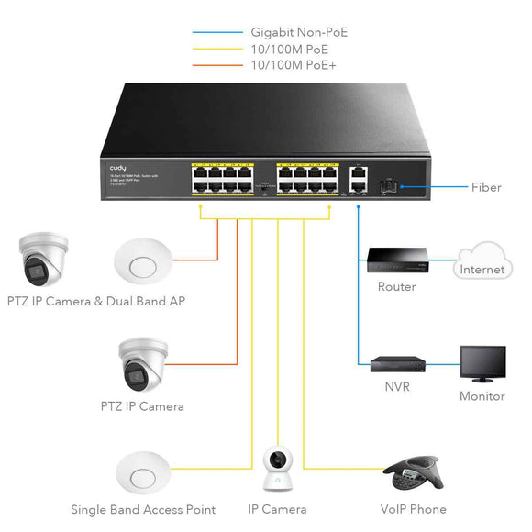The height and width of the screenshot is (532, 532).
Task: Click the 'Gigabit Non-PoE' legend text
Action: pyautogui.click(x=299, y=33)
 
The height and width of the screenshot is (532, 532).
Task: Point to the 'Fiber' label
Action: pyautogui.click(x=486, y=187)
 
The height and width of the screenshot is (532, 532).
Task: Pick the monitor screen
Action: pyautogui.click(x=482, y=364)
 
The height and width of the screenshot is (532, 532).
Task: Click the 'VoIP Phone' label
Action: pyautogui.click(x=413, y=509)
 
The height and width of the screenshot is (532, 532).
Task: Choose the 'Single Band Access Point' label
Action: pyautogui.click(x=143, y=509)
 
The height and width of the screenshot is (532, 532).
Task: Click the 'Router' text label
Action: pyautogui.click(x=396, y=287)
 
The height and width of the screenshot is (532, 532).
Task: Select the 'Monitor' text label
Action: pyautogui.click(x=482, y=396)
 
